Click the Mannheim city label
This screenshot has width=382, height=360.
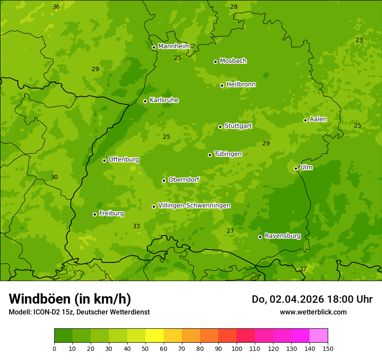pyautogui.click(x=174, y=46)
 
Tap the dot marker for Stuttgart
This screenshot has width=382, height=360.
pyautogui.click(x=220, y=127)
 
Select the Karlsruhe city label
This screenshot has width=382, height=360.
pyautogui.click(x=164, y=100)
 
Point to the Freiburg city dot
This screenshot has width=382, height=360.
pyautogui.click(x=95, y=214)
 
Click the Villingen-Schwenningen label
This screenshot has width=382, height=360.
pyautogui.click(x=194, y=206)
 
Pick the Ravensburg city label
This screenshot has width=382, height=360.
pyautogui.click(x=282, y=236)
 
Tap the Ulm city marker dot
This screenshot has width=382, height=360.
pyautogui.click(x=296, y=168)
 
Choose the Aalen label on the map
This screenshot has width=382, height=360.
pyautogui.click(x=318, y=119)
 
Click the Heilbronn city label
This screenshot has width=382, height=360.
pyautogui.click(x=241, y=85)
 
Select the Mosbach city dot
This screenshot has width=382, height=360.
pyautogui.click(x=215, y=62)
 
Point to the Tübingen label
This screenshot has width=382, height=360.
pyautogui.click(x=227, y=154)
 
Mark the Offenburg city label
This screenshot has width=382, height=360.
pyautogui.click(x=124, y=160)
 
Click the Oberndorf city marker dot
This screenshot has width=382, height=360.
pyautogui.click(x=164, y=180)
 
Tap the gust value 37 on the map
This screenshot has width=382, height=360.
pyautogui.click(x=303, y=269)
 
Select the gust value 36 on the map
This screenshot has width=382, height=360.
pyautogui.click(x=56, y=7)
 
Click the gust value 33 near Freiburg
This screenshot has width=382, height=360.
pyautogui.click(x=136, y=226)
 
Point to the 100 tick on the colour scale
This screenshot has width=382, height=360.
pyautogui.click(x=237, y=348)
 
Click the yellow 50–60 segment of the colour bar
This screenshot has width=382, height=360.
pyautogui.click(x=155, y=335)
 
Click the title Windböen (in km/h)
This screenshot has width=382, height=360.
pyautogui.click(x=69, y=299)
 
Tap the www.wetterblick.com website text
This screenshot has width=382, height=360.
pyautogui.click(x=313, y=312)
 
